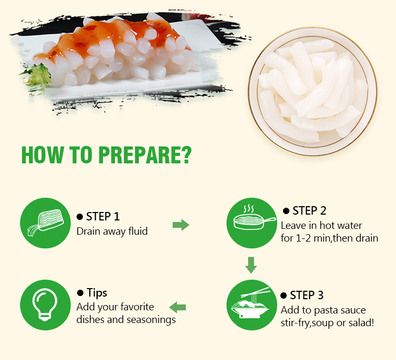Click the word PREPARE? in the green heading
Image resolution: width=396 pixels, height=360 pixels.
pyautogui.click(x=145, y=155)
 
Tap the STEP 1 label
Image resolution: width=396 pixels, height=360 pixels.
pyautogui.click(x=103, y=217)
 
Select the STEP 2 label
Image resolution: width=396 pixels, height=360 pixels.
pyautogui.click(x=309, y=211)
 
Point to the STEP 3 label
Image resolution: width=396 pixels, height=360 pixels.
pyautogui.click(x=307, y=296)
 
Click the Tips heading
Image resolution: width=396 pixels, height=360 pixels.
pyautogui.click(x=97, y=293)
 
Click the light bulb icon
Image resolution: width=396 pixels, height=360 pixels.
pyautogui.click(x=45, y=304)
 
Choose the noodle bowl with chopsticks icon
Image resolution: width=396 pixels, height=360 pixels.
pyautogui.click(x=251, y=303)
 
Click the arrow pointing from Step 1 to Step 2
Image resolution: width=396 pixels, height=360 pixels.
pyautogui.click(x=181, y=225)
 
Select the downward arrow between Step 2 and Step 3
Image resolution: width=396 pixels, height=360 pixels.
pyautogui.click(x=251, y=265)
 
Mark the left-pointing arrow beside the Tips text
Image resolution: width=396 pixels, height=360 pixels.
pyautogui.click(x=177, y=308)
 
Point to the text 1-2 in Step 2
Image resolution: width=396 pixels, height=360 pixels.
pyautogui.click(x=303, y=238)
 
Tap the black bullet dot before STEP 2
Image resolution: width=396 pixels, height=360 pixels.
pyautogui.click(x=286, y=211)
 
